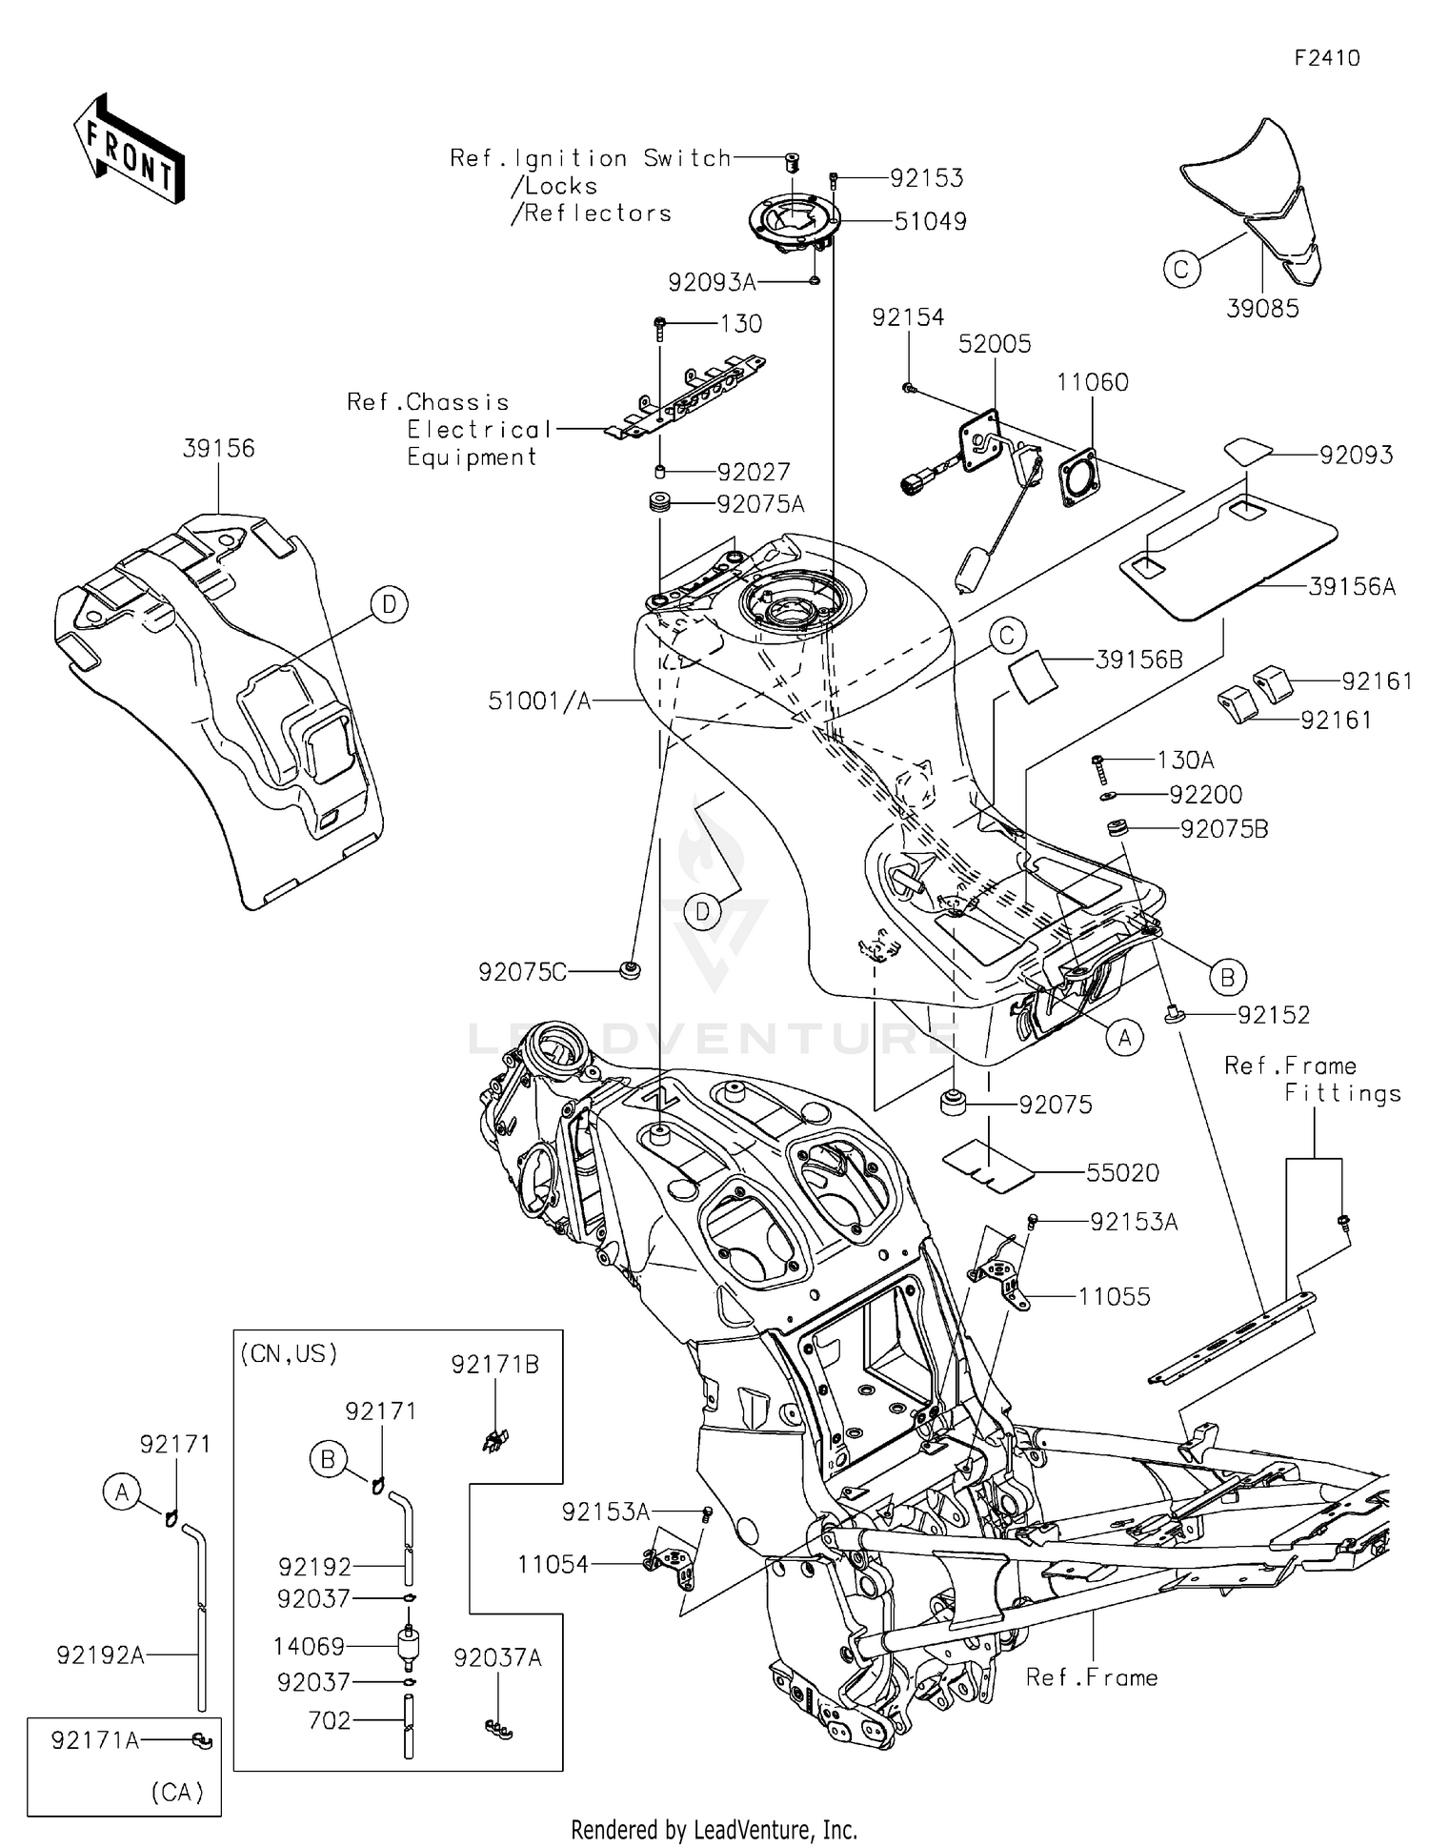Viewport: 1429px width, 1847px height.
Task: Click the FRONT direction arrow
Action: coord(129,150)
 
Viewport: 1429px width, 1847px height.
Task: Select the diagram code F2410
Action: coord(1326,58)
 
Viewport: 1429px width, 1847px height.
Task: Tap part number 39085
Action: coord(1262,309)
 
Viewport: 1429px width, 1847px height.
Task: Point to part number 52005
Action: coord(995,344)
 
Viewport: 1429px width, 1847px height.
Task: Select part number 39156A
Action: coord(1352,587)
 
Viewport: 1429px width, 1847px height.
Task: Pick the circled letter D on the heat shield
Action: coord(389,604)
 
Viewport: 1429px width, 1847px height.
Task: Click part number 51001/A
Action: coord(539,701)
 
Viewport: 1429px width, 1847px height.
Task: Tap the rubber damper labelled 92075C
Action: coord(630,970)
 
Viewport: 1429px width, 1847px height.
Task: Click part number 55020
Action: coord(1122,1173)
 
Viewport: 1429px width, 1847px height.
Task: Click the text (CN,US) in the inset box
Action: coord(289,1354)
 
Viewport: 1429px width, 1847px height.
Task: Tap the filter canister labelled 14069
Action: coord(409,1647)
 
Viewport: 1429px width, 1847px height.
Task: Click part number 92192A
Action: coord(100,1655)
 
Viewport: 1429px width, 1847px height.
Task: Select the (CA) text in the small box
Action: coord(177,1793)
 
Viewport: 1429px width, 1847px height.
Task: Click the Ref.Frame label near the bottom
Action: coord(1092,1677)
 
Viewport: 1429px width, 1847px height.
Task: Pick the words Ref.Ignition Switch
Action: coord(590,158)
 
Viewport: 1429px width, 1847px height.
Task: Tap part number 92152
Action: coord(1274,1015)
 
